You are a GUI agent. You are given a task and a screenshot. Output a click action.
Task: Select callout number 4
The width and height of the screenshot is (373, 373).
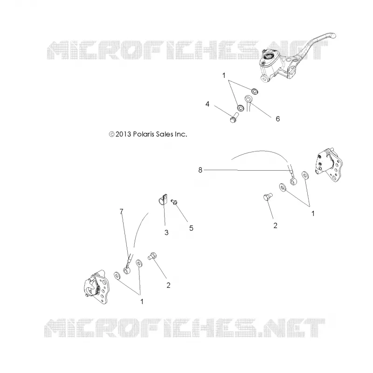click(207, 104)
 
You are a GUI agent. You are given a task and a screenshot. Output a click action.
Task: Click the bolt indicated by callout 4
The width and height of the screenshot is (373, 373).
click(234, 117)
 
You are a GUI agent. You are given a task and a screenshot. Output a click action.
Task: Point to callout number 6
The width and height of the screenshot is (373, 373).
click(277, 119)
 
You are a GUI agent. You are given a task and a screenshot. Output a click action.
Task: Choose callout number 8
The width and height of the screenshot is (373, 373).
click(200, 170)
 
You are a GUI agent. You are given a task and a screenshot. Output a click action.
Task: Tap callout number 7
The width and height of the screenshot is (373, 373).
click(122, 211)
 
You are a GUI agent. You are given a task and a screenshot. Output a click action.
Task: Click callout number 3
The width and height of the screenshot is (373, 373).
click(166, 232)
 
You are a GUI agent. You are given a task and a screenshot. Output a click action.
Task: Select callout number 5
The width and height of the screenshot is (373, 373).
click(191, 228)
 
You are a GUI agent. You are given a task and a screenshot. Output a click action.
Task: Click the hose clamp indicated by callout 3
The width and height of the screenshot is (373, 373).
click(163, 200)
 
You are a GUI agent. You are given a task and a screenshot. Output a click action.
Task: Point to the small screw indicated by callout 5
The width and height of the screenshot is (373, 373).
click(174, 202)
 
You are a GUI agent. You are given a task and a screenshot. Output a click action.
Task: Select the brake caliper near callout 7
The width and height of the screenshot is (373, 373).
click(97, 287)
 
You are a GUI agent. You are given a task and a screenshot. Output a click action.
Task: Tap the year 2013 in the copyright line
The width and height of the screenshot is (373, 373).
click(123, 134)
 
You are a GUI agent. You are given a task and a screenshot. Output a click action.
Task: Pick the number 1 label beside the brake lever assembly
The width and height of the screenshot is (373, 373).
click(224, 76)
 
